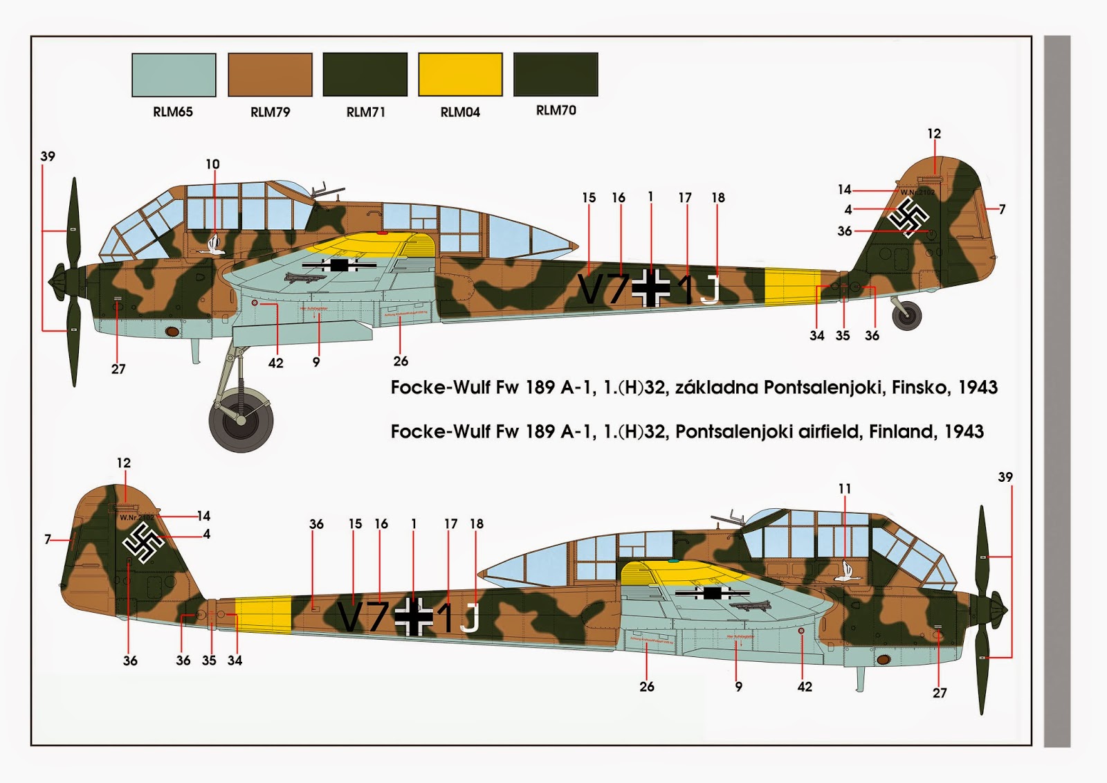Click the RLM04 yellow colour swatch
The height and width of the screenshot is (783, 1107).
click(460, 74)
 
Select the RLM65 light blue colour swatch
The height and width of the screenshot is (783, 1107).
click(174, 74)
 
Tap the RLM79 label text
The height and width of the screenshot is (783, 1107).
click(270, 112)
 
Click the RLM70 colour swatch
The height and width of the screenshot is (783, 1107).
click(556, 74)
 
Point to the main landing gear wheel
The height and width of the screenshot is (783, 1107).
click(241, 420)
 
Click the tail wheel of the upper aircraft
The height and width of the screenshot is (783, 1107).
click(906, 316)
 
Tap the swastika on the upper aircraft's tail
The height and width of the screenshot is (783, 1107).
click(908, 217)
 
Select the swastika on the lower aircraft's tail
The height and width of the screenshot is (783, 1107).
click(144, 542)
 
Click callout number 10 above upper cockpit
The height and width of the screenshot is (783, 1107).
click(212, 164)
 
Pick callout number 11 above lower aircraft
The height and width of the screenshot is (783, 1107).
click(844, 489)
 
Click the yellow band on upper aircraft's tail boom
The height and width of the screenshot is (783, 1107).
click(792, 286)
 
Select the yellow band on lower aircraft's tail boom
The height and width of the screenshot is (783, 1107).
click(263, 614)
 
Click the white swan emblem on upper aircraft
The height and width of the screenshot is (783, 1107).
click(214, 245)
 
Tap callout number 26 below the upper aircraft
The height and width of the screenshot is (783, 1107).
click(401, 361)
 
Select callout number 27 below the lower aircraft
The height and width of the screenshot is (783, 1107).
click(939, 692)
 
